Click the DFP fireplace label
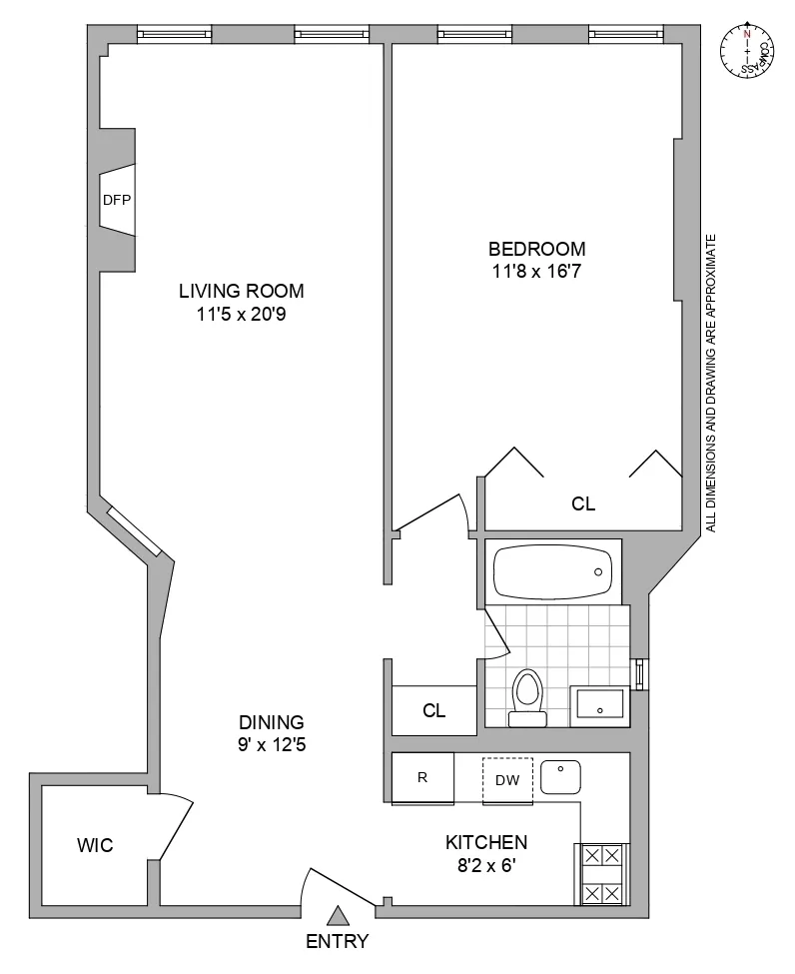click(117, 200)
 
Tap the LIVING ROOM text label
click(241, 292)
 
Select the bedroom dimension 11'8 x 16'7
click(536, 269)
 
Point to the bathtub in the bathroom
click(552, 571)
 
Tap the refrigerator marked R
click(422, 777)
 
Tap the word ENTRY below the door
click(338, 941)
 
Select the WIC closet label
click(95, 846)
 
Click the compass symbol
click(747, 50)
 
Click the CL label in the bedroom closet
click(583, 504)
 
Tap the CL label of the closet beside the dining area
click(433, 711)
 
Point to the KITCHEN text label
click(486, 842)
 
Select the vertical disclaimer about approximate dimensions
click(711, 383)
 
